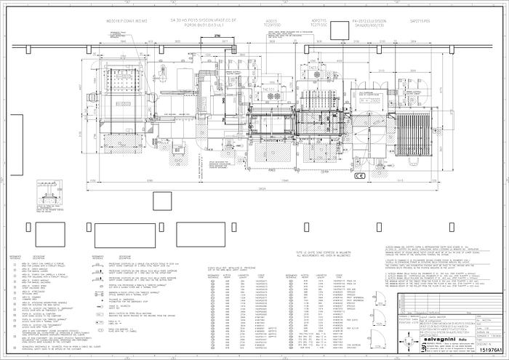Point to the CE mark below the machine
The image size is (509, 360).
click(358, 176)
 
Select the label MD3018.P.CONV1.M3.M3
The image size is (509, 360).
click(127, 21)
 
